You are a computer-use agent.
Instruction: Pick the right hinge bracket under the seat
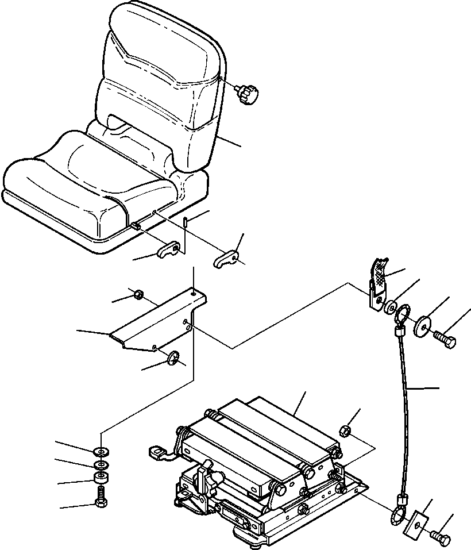pos(228,258)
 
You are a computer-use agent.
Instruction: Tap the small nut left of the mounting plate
pos(138,295)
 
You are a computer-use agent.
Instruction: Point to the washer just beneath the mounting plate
pos(172,359)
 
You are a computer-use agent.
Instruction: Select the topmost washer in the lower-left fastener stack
pos(101,450)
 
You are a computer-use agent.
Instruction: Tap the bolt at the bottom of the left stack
pos(101,498)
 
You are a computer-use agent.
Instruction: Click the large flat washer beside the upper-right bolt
pos(423,326)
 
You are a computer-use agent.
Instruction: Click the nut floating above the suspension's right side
pos(346,430)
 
